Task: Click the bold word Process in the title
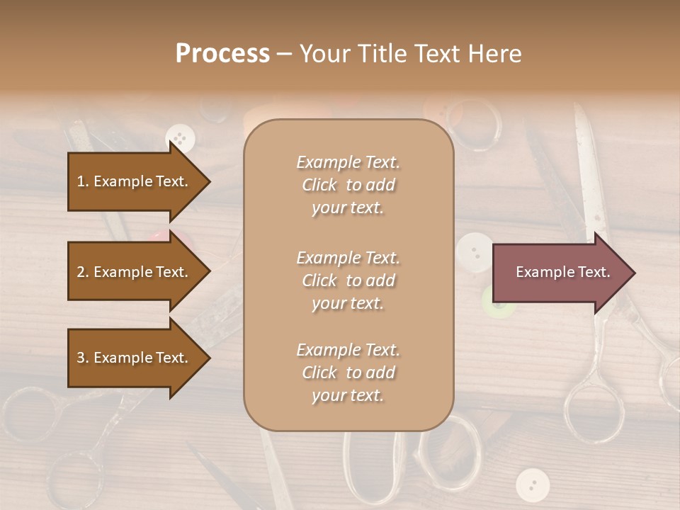coord(222,54)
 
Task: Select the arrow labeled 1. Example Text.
coord(132,181)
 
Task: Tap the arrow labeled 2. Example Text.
coord(132,272)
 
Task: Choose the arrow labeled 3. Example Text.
coord(132,358)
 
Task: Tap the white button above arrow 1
coord(180,137)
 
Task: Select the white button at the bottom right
coord(532,484)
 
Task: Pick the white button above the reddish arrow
coord(473,249)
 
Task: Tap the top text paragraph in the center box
coord(348,185)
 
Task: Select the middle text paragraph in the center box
coord(348,280)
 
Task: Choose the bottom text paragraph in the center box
coord(348,373)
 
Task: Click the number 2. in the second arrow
coord(83,272)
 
